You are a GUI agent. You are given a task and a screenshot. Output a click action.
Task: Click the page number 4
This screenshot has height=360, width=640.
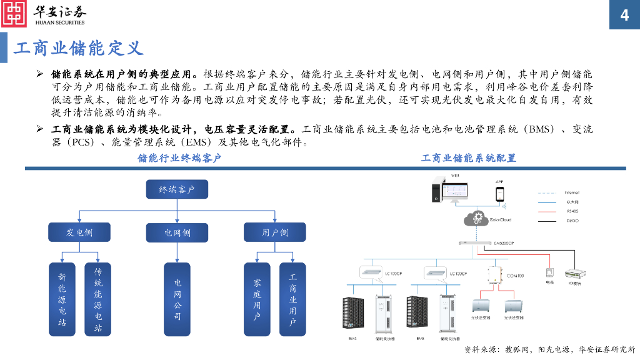[624, 16]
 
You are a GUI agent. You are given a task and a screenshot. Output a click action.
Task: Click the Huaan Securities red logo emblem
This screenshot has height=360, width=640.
[14, 14]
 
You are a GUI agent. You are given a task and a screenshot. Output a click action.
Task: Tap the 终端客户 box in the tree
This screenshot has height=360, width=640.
[177, 189]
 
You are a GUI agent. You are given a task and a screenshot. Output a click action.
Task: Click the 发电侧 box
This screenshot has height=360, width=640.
[79, 232]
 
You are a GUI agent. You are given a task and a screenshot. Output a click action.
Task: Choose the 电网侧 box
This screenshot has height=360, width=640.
[177, 233]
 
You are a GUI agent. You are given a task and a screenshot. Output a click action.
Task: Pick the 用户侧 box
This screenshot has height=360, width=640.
[274, 232]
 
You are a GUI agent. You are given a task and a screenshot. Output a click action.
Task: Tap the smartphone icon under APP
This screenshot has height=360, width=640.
[500, 194]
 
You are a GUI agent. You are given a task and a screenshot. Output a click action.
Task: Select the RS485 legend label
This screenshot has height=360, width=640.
[572, 211]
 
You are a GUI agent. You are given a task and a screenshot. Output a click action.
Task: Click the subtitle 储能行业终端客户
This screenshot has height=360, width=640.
[179, 158]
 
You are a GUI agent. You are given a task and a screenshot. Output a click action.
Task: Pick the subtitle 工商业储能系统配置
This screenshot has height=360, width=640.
[469, 158]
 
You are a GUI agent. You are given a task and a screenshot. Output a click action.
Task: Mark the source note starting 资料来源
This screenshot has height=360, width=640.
[549, 349]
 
